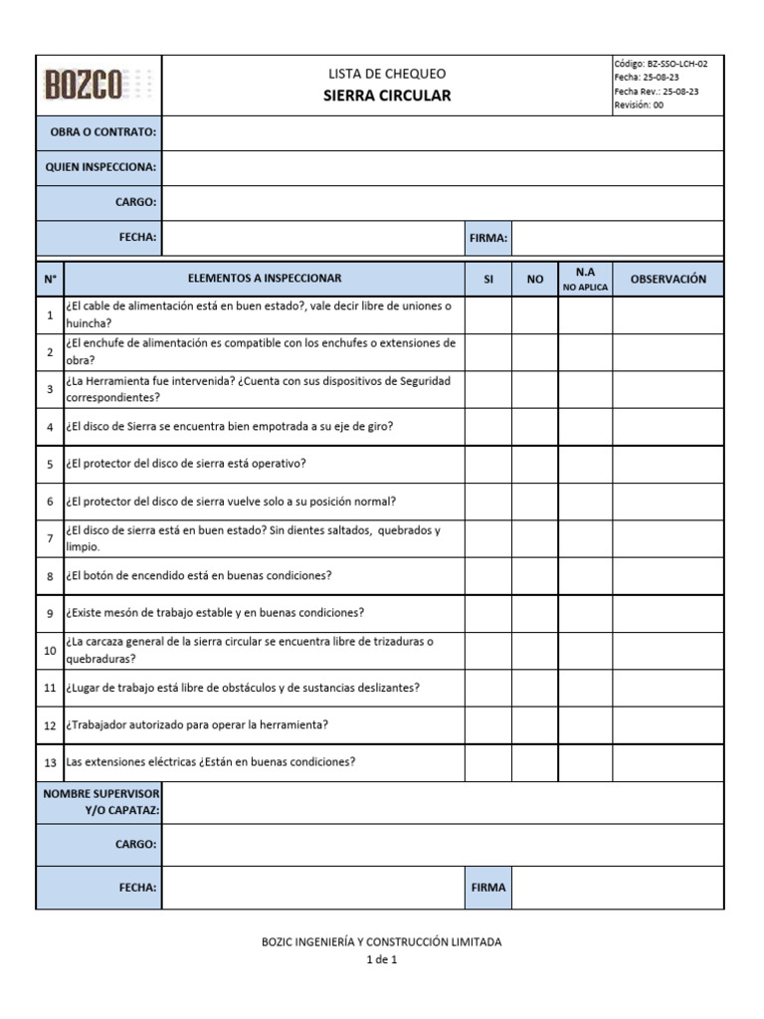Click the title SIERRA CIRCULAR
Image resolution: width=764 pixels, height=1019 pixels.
[386, 97]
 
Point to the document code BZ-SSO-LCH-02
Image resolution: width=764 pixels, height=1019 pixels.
[661, 64]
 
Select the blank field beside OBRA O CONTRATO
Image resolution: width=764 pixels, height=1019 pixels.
[442, 132]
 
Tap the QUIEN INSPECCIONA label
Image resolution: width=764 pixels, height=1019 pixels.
[100, 167]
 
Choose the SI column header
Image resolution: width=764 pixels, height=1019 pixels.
[488, 279]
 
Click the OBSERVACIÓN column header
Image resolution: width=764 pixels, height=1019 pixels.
[668, 279]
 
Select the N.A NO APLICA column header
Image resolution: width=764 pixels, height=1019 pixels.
[585, 279]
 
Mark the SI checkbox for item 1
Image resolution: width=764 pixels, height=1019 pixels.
[488, 315]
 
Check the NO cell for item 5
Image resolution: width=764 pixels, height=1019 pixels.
[535, 464]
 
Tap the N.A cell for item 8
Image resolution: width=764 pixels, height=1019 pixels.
[585, 576]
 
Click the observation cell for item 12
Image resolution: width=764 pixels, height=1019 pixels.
[668, 725]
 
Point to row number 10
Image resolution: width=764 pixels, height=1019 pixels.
[50, 651]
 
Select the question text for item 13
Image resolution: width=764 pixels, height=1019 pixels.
[211, 762]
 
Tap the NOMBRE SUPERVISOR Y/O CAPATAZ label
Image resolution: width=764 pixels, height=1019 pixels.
[99, 802]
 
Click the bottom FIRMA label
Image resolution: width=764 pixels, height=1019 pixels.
[488, 888]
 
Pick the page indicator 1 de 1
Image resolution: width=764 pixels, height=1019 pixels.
[381, 960]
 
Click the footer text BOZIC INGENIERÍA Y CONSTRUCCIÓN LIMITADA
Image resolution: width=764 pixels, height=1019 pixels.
[381, 941]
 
